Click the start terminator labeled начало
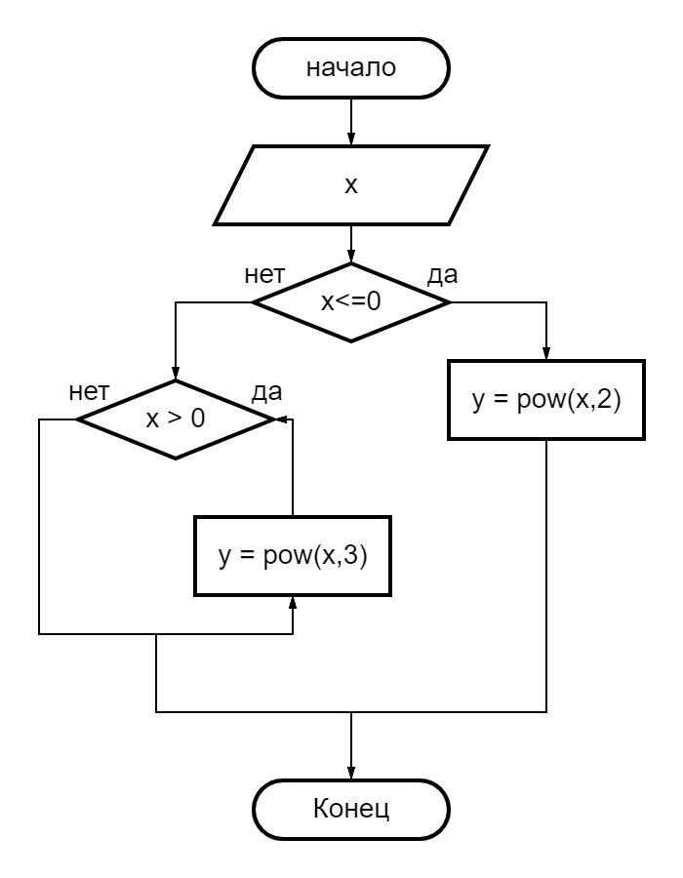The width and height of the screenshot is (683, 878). click(351, 68)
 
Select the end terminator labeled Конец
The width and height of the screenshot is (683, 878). click(351, 810)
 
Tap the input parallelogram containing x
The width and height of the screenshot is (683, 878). click(351, 184)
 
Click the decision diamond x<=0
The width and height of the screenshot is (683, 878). click(351, 301)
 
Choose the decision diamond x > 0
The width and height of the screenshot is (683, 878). click(176, 419)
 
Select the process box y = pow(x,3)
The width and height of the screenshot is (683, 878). click(293, 556)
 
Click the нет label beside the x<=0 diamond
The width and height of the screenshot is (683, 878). click(263, 275)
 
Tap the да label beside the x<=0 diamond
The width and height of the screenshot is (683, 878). click(444, 275)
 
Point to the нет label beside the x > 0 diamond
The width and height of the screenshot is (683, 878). click(89, 392)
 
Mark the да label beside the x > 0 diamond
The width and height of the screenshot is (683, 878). click(266, 392)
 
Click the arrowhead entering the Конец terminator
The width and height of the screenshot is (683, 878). click(351, 774)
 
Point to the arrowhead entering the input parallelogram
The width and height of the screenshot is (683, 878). click(351, 140)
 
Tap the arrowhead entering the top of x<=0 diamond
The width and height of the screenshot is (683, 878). click(351, 257)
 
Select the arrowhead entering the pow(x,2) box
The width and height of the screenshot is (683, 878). click(546, 354)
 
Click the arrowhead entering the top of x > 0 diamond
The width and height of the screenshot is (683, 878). click(176, 374)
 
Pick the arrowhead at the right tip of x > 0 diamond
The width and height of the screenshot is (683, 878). click(280, 419)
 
